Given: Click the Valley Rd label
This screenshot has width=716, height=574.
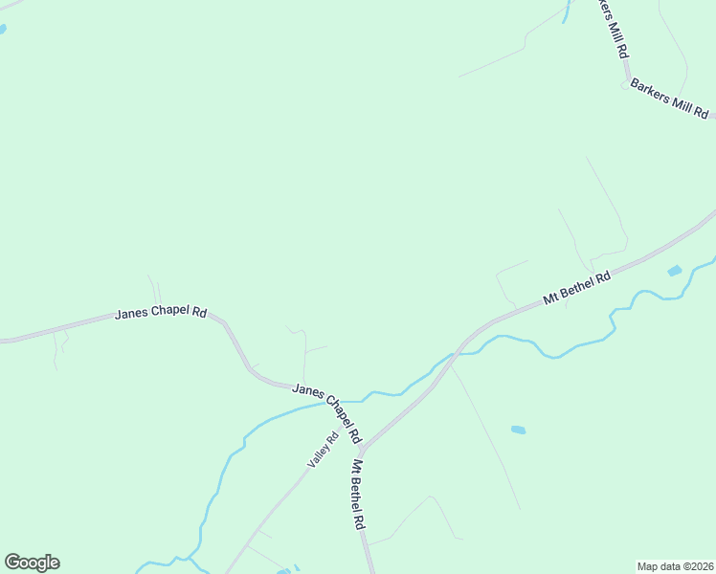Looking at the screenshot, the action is pos(323,451).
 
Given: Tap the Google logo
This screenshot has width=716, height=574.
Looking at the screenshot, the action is pos(32,563).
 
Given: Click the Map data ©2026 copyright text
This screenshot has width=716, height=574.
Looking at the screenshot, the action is pos(675,565).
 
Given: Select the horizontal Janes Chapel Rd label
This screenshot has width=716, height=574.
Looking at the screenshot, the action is pos(161,313).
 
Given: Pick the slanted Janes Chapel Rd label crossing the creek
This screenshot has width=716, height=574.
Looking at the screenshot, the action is pos(326,412).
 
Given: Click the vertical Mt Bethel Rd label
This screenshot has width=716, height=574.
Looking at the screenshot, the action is pos(357,496).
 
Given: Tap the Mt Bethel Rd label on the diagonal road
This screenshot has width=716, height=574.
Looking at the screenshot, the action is pos(576,289).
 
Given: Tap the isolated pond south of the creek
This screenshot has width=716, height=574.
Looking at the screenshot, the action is pos(518,430).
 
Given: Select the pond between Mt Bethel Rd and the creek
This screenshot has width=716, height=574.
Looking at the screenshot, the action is pos(675,272).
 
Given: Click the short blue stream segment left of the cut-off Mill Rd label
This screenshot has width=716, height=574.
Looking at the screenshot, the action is pos(566,11).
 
